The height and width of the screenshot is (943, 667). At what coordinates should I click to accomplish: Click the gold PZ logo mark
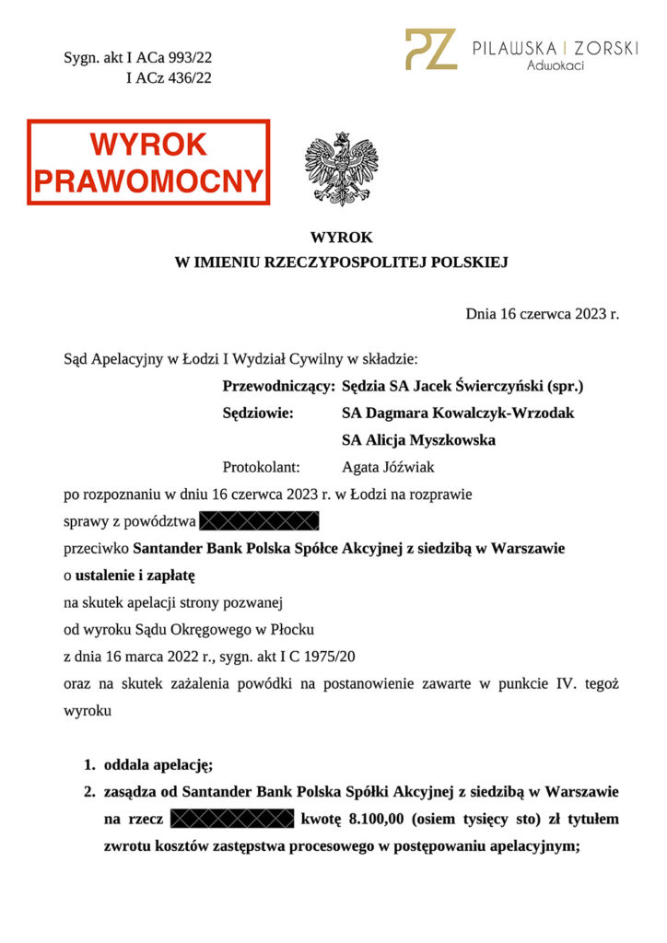pyautogui.click(x=430, y=50)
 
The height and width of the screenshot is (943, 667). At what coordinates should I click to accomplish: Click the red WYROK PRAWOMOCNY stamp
pyautogui.click(x=148, y=161)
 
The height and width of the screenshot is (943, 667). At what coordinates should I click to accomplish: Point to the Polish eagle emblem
pyautogui.click(x=341, y=168)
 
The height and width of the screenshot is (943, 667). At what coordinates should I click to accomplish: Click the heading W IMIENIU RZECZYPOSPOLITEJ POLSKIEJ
pyautogui.click(x=342, y=262)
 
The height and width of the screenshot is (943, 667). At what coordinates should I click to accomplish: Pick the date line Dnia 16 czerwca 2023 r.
pyautogui.click(x=542, y=315)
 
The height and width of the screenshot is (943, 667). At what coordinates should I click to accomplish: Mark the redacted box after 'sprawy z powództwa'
pyautogui.click(x=259, y=521)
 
